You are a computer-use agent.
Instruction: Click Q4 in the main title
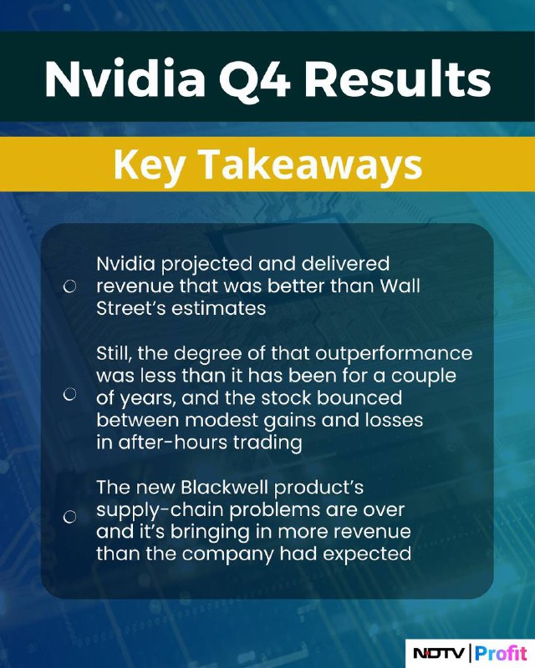[255, 80]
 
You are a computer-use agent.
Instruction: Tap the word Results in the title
[398, 79]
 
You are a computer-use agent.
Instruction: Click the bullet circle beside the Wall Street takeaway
[69, 286]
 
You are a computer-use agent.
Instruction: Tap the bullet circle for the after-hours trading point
[69, 394]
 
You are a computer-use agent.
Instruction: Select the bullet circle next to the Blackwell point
[69, 517]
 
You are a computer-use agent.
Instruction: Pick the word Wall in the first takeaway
[400, 286]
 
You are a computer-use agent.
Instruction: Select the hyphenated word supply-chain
[160, 510]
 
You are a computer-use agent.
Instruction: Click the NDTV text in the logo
[439, 653]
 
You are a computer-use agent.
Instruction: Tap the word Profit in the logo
[502, 653]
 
